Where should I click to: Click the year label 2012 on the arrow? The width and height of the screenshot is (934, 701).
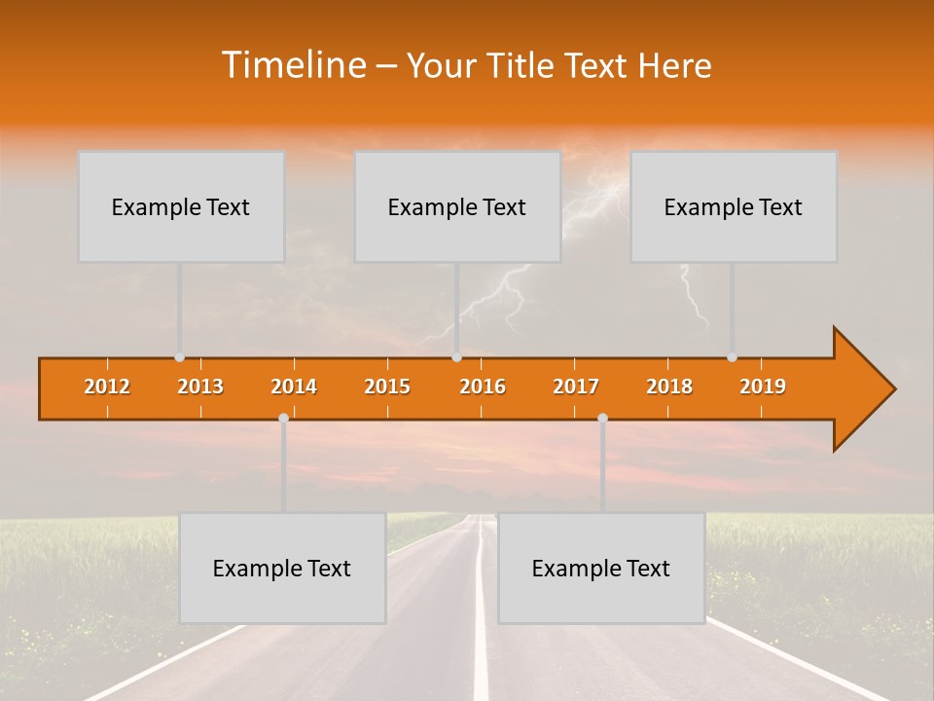107,387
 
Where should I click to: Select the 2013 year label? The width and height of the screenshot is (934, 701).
200,387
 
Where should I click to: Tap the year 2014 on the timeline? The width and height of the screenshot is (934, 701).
294,387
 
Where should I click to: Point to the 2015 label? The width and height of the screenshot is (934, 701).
387,387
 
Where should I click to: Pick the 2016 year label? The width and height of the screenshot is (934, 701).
483,387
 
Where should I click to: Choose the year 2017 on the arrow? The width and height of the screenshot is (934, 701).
576,387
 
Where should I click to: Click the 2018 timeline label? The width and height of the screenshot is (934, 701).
669,387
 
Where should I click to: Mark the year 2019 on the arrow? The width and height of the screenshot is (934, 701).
763,387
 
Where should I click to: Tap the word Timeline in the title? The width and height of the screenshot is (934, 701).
293,64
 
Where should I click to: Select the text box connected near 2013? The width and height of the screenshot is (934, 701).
181,206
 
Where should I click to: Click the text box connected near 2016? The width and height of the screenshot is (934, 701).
457,206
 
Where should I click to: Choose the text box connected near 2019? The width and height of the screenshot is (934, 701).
734,206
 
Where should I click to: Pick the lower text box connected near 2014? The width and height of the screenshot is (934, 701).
282,568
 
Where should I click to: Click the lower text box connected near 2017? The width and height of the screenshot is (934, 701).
601,568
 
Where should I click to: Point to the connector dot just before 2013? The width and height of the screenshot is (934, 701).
180,357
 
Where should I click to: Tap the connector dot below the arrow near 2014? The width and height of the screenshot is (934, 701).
283,419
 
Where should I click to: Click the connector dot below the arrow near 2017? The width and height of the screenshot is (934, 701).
602,419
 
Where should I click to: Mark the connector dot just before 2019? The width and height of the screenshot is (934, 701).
733,357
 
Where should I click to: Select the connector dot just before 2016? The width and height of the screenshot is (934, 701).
456,357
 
